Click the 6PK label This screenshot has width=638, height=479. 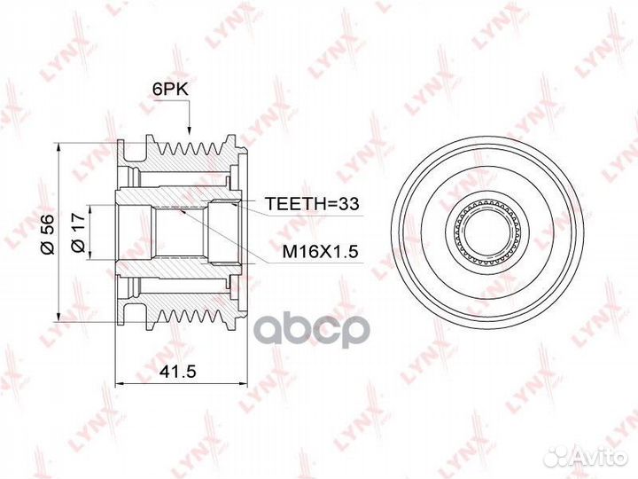(x=170, y=90)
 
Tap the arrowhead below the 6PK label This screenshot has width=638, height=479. (x=189, y=129)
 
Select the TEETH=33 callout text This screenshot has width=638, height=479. (x=312, y=203)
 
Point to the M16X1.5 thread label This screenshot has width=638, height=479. (x=320, y=252)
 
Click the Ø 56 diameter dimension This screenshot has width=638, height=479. (x=48, y=234)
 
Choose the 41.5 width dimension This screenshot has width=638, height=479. (x=178, y=371)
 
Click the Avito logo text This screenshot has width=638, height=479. (x=602, y=458)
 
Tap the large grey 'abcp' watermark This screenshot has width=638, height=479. (x=313, y=329)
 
